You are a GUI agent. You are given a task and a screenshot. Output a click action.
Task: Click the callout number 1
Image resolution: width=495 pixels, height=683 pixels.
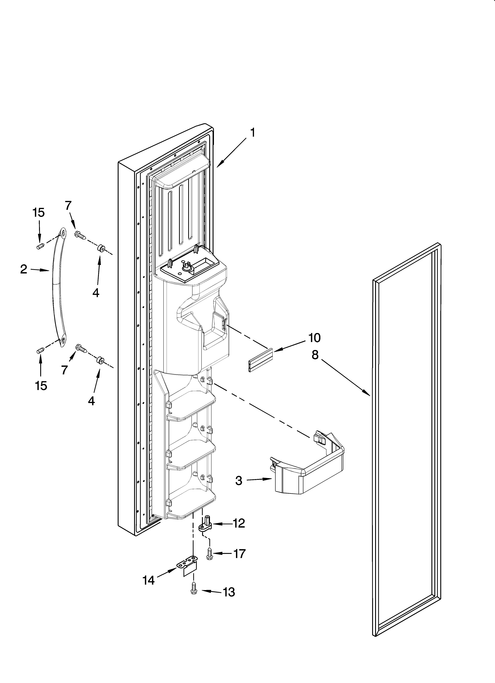tap(253, 133)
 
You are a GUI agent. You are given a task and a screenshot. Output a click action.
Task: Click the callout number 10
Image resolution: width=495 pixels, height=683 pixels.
tap(314, 338)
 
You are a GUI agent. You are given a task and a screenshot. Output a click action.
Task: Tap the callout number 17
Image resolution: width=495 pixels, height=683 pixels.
tap(240, 554)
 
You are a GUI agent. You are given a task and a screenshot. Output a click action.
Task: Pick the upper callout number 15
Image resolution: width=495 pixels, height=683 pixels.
tap(39, 213)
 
